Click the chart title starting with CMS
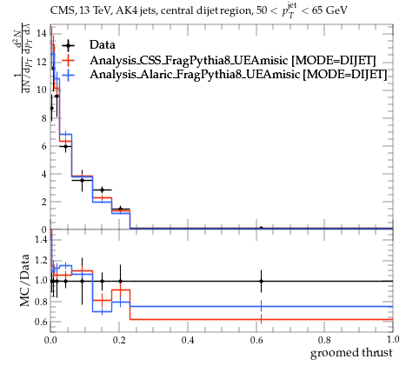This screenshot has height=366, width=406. click(198, 11)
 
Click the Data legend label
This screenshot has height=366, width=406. click(103, 45)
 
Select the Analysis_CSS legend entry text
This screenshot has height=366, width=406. click(233, 60)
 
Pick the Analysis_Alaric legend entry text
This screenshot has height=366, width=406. click(238, 75)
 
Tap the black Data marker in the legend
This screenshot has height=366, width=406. click(68, 45)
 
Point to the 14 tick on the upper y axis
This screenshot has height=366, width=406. click(42, 33)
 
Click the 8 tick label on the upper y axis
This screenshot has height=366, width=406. click(43, 118)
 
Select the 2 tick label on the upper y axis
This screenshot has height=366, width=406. click(43, 202)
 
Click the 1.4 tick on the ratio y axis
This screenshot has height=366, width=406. click(41, 239)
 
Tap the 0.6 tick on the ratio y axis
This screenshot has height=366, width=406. click(41, 322)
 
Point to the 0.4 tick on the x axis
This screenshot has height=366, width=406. click(188, 340)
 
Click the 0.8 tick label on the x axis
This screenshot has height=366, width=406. click(324, 340)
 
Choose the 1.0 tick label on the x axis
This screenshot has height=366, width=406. click(393, 339)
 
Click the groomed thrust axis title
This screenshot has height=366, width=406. click(351, 353)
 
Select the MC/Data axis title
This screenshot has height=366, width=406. click(25, 281)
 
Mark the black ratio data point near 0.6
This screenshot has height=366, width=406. click(261, 281)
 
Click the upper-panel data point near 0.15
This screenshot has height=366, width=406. click(102, 190)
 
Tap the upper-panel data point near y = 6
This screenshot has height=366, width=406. click(65, 146)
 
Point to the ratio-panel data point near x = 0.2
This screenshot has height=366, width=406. click(120, 281)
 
